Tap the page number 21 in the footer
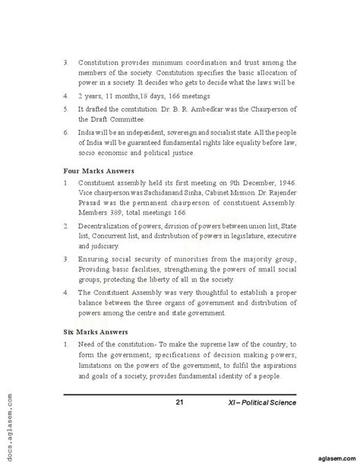(x=179, y=402)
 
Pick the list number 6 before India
(x=66, y=131)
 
